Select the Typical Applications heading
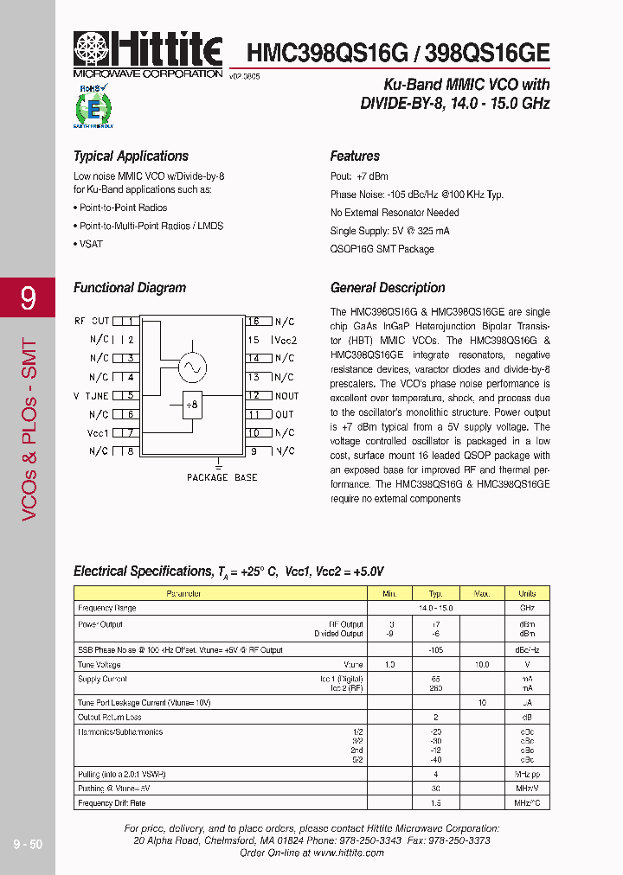131,156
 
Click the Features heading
355,156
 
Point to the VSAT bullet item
90,244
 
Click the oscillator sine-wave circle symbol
191,367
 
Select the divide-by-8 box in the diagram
192,404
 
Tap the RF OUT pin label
92,322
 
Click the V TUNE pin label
91,395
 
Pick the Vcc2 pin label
286,341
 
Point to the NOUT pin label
286,396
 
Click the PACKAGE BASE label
222,477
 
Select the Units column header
527,593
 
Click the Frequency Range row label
106,609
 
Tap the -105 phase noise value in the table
436,650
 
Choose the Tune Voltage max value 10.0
482,665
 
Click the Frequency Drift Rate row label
112,803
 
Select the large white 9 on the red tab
28,299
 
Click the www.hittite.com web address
349,853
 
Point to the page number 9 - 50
28,844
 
